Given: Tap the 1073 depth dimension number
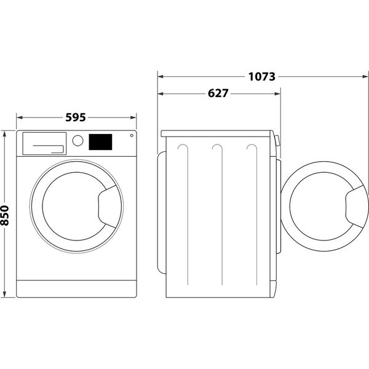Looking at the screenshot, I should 261,77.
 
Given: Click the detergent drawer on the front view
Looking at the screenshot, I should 43,143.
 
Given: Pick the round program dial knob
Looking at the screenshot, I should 77,140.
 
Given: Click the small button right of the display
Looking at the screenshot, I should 130,137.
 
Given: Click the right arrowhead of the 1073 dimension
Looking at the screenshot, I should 364,77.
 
